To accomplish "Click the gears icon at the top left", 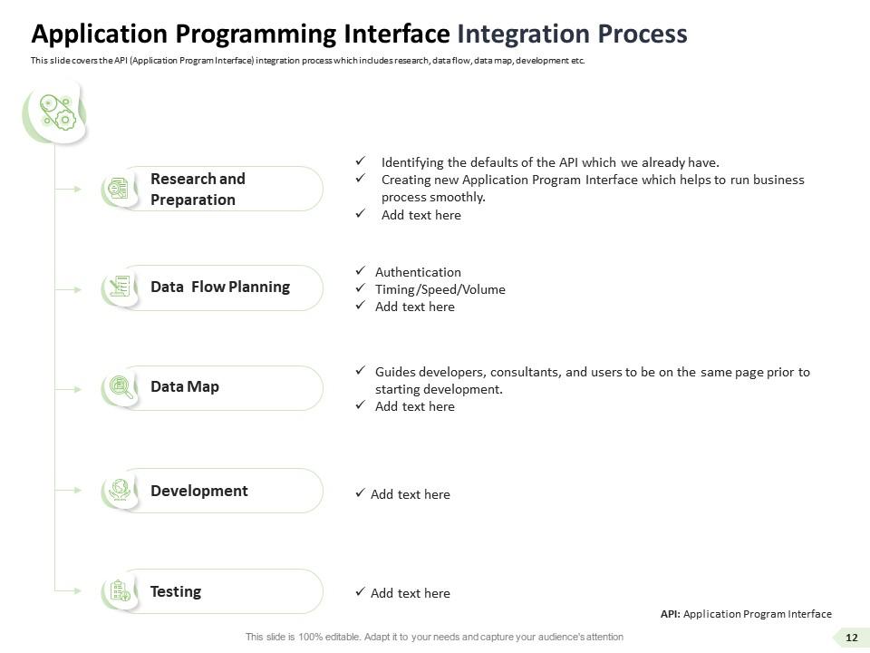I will click(x=53, y=112).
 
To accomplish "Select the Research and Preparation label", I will click(x=198, y=189).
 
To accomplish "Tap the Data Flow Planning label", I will click(x=220, y=287).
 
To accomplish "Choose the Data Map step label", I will click(x=185, y=386).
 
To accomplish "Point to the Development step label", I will click(x=199, y=491).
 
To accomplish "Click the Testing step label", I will click(x=176, y=591).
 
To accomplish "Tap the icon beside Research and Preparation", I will click(x=117, y=189).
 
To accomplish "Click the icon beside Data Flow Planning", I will click(x=118, y=288).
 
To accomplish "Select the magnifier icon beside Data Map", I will click(x=118, y=387).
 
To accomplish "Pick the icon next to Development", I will click(x=118, y=491).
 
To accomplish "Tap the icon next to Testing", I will click(x=118, y=591).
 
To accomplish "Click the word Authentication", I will click(x=418, y=272).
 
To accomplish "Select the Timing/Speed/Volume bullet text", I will click(x=440, y=289).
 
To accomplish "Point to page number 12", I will click(x=851, y=638).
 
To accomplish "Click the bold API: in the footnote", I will click(x=671, y=614).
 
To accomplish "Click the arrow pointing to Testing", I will click(x=69, y=590).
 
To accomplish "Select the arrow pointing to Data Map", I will click(x=69, y=388).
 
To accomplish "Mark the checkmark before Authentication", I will click(x=360, y=271).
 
